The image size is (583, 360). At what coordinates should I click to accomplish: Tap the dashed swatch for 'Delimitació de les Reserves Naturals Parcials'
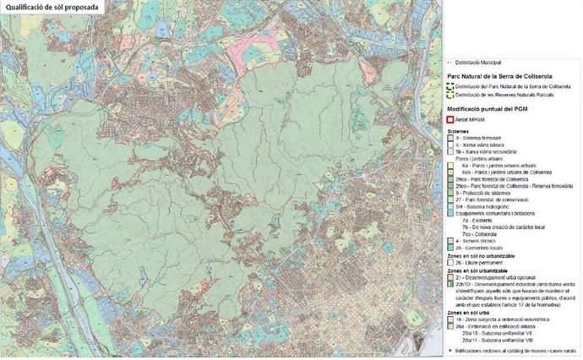(450, 96)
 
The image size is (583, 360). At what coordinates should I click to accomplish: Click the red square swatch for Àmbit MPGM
(450, 121)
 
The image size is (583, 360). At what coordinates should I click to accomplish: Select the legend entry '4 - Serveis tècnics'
(478, 241)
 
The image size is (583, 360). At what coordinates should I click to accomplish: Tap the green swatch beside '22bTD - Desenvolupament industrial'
(450, 284)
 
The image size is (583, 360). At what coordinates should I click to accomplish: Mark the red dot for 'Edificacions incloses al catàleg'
(450, 349)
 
